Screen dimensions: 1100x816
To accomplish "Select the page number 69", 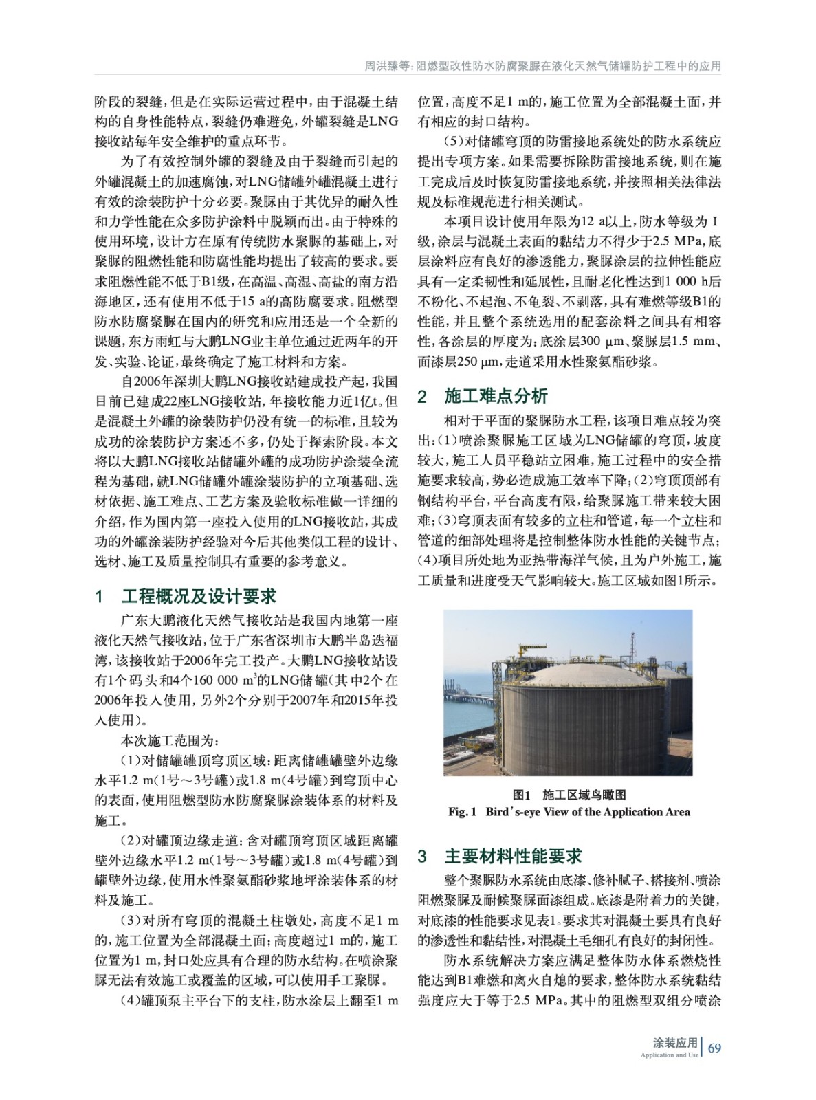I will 714,1048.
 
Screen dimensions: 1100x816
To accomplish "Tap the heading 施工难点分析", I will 496,396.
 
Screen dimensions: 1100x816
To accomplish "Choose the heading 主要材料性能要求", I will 513,856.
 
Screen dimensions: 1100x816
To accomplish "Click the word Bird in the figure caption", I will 500,812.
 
